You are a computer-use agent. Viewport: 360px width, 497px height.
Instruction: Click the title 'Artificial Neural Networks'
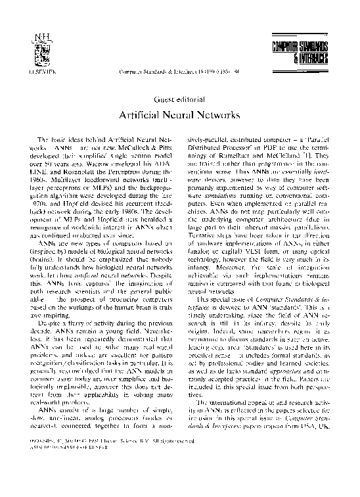pyautogui.click(x=179, y=114)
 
